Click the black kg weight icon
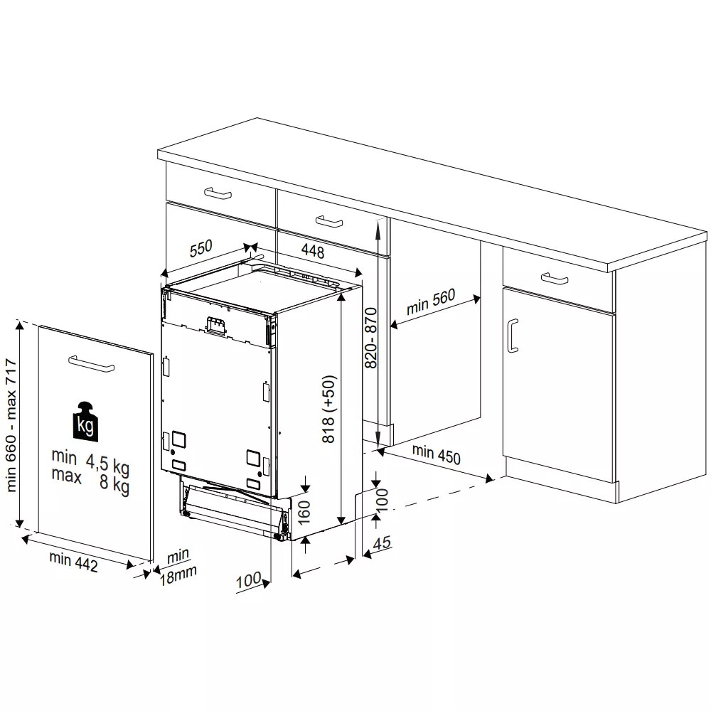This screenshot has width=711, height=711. pyautogui.click(x=85, y=421)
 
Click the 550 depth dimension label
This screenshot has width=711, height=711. pyautogui.click(x=201, y=247)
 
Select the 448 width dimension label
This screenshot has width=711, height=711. pyautogui.click(x=313, y=250)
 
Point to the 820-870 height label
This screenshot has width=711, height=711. pyautogui.click(x=371, y=338)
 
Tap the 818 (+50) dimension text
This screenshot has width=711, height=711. pyautogui.click(x=328, y=409)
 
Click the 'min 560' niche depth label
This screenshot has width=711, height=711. pyautogui.click(x=431, y=302)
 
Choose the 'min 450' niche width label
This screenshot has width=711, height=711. pyautogui.click(x=437, y=454)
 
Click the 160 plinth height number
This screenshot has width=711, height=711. pyautogui.click(x=304, y=512)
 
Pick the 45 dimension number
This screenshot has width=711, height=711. pyautogui.click(x=382, y=542)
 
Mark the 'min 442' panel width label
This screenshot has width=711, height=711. pyautogui.click(x=73, y=562)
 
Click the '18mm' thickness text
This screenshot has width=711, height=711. pyautogui.click(x=178, y=575)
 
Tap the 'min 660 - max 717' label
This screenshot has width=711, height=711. pyautogui.click(x=11, y=425)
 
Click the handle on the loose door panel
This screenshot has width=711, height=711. pyautogui.click(x=91, y=363)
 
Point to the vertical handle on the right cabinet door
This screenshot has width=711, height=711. pyautogui.click(x=513, y=336)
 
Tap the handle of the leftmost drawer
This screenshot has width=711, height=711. pyautogui.click(x=218, y=193)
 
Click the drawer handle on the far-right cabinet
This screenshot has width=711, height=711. pyautogui.click(x=555, y=279)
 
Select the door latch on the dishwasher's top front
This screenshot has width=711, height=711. pyautogui.click(x=216, y=326)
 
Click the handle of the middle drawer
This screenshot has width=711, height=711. pyautogui.click(x=329, y=222)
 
